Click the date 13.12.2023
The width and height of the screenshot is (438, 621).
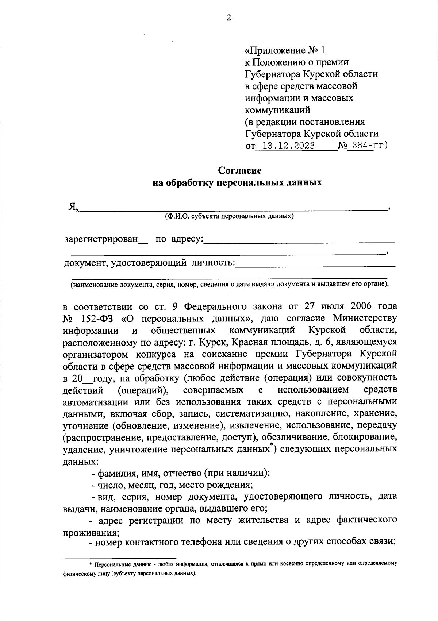[x=286, y=146]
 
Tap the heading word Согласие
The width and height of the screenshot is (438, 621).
[x=240, y=170]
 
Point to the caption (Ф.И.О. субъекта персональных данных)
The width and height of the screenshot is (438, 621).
[x=229, y=216]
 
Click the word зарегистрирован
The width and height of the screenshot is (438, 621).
[x=101, y=239]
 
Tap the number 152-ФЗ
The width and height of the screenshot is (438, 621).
[x=96, y=318]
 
